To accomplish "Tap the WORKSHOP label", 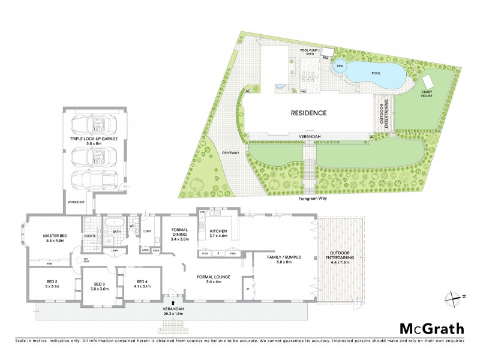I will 76,202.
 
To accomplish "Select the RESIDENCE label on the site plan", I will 308,113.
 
